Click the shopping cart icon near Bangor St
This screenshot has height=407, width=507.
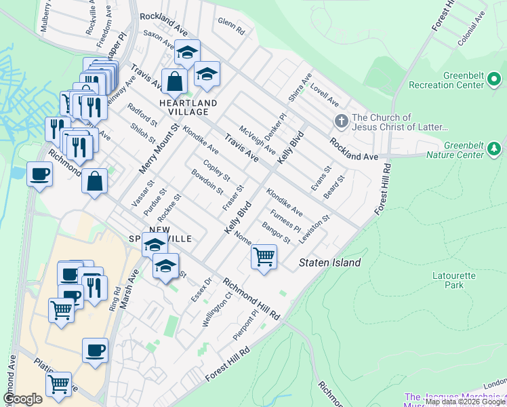pyautogui.click(x=263, y=257)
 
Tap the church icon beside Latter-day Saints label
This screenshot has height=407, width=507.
pyautogui.click(x=341, y=122)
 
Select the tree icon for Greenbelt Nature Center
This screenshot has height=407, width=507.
pyautogui.click(x=495, y=149)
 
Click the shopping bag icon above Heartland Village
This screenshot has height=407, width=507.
pyautogui.click(x=175, y=81)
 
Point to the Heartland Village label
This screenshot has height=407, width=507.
pyautogui.click(x=188, y=107)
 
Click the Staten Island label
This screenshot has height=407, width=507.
pyautogui.click(x=331, y=263)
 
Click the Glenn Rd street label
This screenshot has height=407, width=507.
pyautogui.click(x=231, y=25)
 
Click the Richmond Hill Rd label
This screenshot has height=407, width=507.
pyautogui.click(x=251, y=299)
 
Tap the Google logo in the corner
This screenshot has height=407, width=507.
pyautogui.click(x=22, y=399)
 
